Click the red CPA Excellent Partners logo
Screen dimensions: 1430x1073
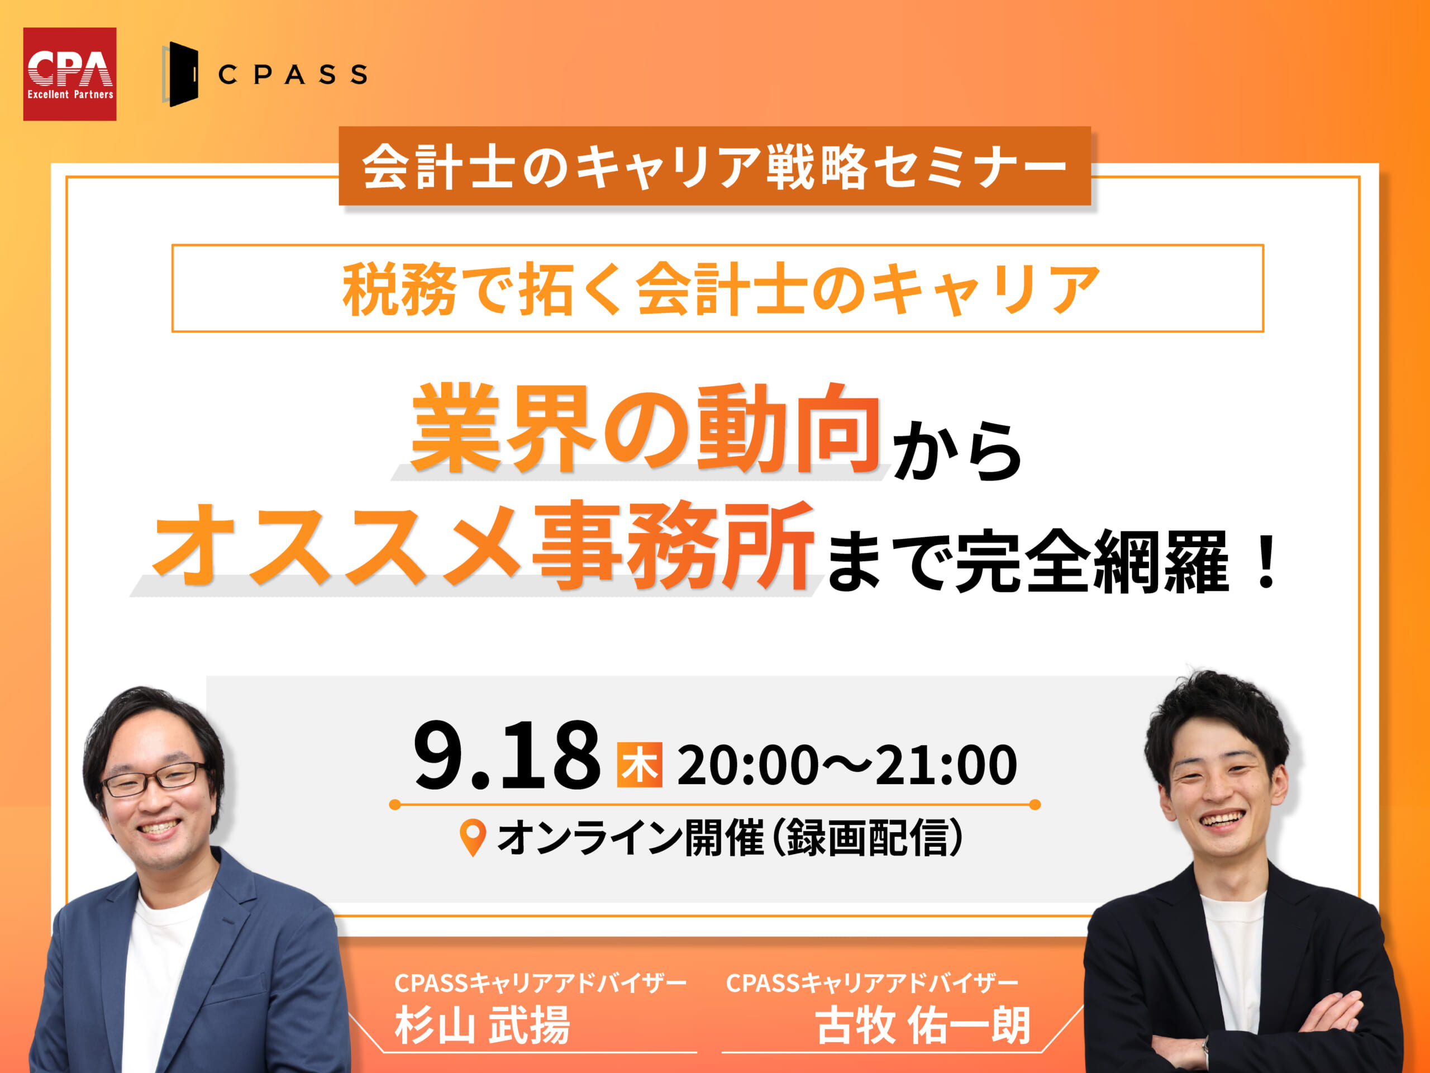[70, 74]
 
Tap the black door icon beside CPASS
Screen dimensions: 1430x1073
[180, 74]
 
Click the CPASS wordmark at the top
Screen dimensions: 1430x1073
[293, 74]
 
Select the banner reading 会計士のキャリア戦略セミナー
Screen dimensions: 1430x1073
[714, 166]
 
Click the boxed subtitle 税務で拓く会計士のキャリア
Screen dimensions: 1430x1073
[718, 288]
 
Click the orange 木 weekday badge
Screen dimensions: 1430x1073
[640, 765]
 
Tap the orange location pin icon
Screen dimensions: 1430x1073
[473, 838]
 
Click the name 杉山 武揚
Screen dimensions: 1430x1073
[482, 1024]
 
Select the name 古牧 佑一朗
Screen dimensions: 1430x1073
[923, 1024]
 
